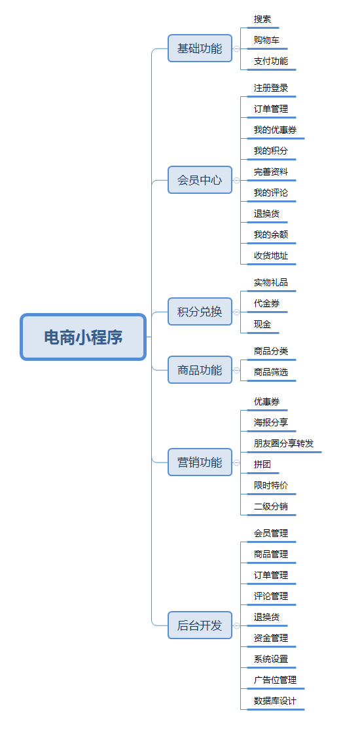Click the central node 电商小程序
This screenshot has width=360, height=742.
(x=83, y=337)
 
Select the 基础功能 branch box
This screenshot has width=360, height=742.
(x=200, y=48)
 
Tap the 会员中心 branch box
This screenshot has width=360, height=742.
(x=200, y=180)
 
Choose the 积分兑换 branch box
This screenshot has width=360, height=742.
(x=200, y=312)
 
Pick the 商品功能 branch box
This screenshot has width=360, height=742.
(x=200, y=370)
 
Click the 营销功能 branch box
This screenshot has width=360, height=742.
(x=200, y=462)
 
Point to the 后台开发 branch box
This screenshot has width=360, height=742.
(x=200, y=625)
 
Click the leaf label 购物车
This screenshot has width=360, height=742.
(x=266, y=41)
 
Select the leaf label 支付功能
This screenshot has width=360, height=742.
(x=271, y=62)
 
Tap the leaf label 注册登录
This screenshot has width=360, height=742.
(x=271, y=88)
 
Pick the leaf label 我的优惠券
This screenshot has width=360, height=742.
(x=275, y=130)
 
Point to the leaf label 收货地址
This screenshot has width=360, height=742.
(x=271, y=255)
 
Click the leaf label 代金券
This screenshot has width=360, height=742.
(x=266, y=303)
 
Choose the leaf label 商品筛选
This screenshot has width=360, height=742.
(x=271, y=372)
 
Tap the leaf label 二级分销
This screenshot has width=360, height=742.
(x=271, y=506)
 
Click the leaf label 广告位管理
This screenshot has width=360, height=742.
(x=275, y=680)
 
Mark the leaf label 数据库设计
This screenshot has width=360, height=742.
(x=275, y=701)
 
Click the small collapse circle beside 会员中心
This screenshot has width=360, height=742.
(x=236, y=180)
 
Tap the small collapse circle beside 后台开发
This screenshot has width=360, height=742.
(x=236, y=625)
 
